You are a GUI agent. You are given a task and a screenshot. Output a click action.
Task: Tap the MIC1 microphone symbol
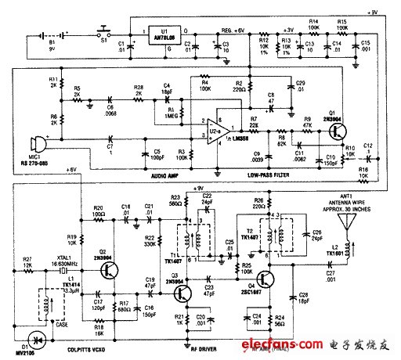[33, 146]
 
